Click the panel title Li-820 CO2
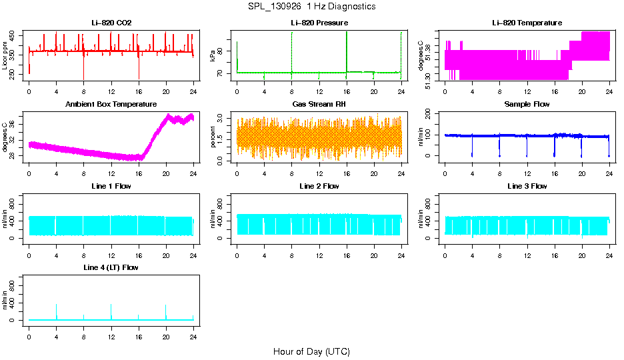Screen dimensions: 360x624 click(111, 23)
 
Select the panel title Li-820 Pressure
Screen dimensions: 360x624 click(319, 23)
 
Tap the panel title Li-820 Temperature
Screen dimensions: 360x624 click(527, 23)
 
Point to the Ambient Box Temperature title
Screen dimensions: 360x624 click(111, 104)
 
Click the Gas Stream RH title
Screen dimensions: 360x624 click(319, 104)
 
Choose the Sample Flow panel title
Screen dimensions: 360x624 click(527, 104)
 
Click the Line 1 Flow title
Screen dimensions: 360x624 click(111, 186)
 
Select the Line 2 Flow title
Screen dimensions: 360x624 click(319, 186)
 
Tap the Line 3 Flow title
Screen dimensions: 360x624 click(527, 186)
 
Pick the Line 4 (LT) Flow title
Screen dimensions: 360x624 click(111, 267)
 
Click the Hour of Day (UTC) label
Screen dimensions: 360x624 click(311, 351)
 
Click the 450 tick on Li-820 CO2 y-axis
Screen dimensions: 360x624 click(13, 37)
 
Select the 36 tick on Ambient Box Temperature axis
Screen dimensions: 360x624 click(13, 121)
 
